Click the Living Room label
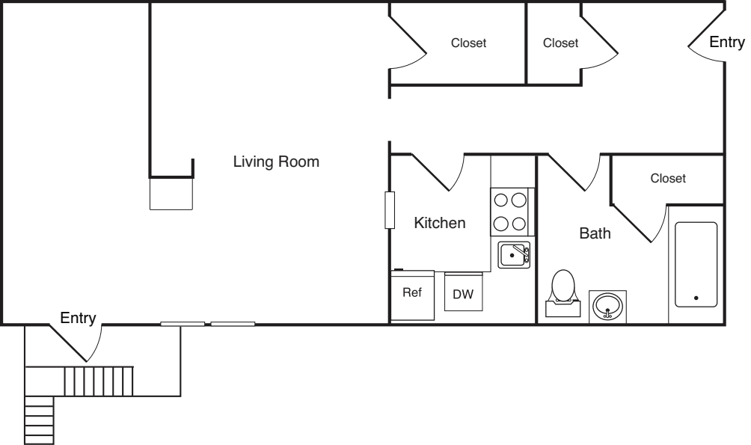pyautogui.click(x=276, y=162)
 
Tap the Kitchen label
pyautogui.click(x=440, y=223)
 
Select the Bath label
pyautogui.click(x=595, y=233)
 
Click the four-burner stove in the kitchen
pyautogui.click(x=509, y=211)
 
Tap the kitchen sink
pyautogui.click(x=513, y=255)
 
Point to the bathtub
pyautogui.click(x=696, y=264)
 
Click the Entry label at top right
pyautogui.click(x=726, y=43)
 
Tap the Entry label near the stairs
pyautogui.click(x=78, y=319)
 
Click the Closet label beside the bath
pyautogui.click(x=667, y=179)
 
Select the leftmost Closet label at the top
pyautogui.click(x=468, y=43)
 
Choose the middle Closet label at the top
pyautogui.click(x=560, y=43)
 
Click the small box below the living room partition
pyautogui.click(x=171, y=194)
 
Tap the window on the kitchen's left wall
pyautogui.click(x=389, y=210)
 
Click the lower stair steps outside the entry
pyautogui.click(x=40, y=420)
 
